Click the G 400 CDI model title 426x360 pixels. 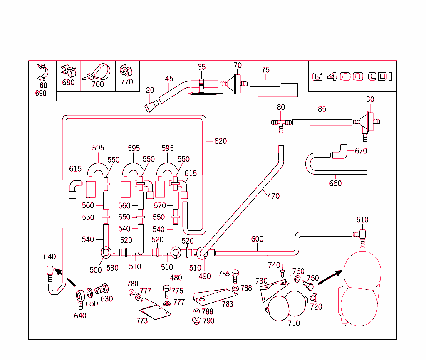pyautogui.click(x=352, y=77)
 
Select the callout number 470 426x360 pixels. pyautogui.click(x=273, y=196)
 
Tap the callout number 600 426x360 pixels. pyautogui.click(x=258, y=239)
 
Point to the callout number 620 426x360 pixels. pyautogui.click(x=220, y=141)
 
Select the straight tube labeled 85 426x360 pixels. pyautogui.click(x=322, y=122)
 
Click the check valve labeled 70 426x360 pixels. pyautogui.click(x=238, y=83)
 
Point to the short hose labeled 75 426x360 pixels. pyautogui.click(x=265, y=84)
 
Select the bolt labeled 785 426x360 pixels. pyautogui.click(x=235, y=274)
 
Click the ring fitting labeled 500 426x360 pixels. pyautogui.click(x=106, y=252)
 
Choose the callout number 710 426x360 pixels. pyautogui.click(x=294, y=323)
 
